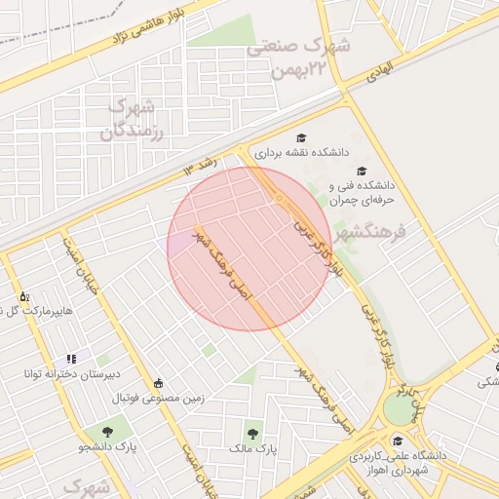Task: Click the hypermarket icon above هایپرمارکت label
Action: click(x=24, y=294)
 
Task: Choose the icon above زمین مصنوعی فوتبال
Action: click(x=158, y=383)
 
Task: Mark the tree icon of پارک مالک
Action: click(x=253, y=434)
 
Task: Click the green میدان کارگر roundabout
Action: click(x=399, y=407)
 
